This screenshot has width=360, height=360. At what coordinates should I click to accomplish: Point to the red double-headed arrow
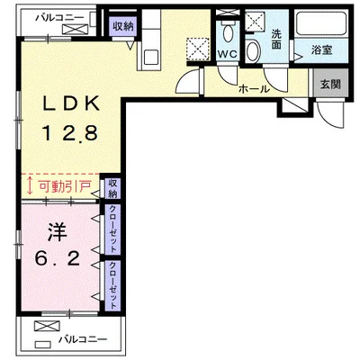(31, 187)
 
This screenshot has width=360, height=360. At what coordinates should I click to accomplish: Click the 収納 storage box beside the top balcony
(123, 28)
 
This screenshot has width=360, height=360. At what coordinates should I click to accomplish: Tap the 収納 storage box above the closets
(113, 188)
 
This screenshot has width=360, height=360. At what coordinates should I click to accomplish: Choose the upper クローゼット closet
(113, 229)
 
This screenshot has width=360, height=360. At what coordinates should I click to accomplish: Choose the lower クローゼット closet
(113, 283)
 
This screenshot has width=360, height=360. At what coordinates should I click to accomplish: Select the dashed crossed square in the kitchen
(197, 48)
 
